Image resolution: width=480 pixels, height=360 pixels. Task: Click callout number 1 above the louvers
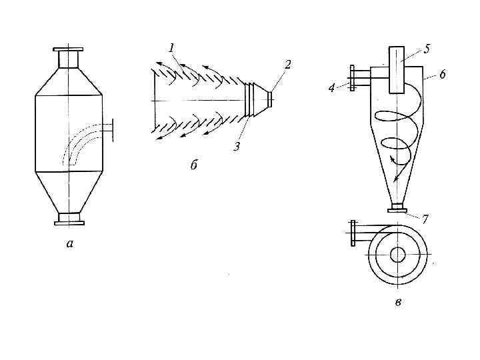tap(172, 49)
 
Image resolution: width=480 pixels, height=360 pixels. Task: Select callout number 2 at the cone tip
tap(287, 65)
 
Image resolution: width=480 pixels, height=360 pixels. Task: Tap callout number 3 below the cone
tap(237, 147)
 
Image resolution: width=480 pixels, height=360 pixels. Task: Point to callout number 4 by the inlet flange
tap(332, 88)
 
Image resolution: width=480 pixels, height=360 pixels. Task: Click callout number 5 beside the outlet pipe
tap(427, 49)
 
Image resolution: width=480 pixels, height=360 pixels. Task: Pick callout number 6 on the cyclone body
tap(443, 75)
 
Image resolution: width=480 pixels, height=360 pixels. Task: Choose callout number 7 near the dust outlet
tap(425, 219)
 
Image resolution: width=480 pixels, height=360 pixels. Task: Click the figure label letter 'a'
tap(70, 244)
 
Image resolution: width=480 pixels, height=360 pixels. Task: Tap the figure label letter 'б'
tap(194, 165)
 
